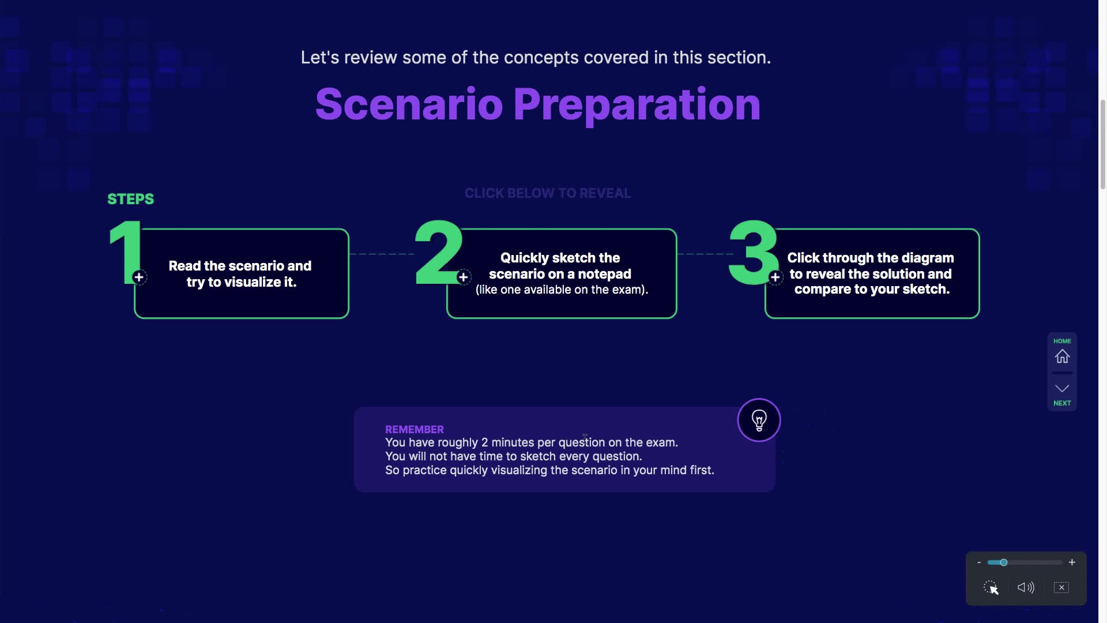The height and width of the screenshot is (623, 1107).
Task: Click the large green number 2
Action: pos(439,252)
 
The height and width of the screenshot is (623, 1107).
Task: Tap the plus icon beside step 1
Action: pos(139,277)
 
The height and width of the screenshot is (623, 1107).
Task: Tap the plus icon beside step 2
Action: pos(464,277)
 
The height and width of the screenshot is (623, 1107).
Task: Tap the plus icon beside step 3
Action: pos(775,277)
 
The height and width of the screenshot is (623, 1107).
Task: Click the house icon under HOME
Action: pos(1062,356)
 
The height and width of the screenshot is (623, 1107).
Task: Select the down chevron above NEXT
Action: pos(1062,388)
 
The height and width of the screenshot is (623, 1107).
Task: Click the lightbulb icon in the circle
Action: pos(759,420)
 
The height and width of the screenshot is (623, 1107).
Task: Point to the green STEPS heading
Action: pos(131,199)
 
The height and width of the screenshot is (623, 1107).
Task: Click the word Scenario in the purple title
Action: pos(409,104)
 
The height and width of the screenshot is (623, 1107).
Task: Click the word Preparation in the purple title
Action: pos(637,106)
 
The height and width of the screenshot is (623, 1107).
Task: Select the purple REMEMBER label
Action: pos(415,430)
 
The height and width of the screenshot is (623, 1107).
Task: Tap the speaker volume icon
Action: pos(1026,587)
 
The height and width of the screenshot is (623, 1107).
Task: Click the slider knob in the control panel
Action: pos(1004,562)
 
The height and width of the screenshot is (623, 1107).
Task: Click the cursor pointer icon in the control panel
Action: pos(991,588)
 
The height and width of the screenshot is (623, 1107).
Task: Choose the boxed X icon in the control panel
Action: pos(1061,587)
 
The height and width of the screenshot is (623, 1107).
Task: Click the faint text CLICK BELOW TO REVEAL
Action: pos(548,193)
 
